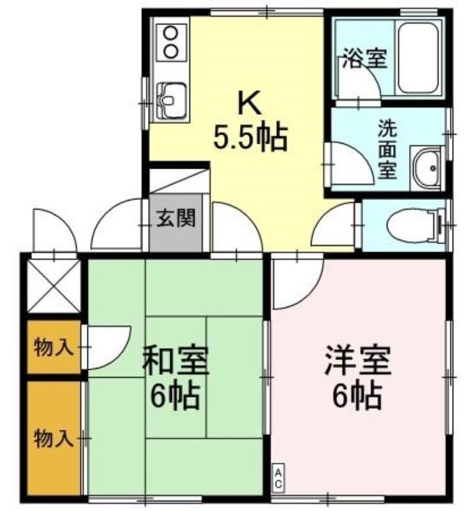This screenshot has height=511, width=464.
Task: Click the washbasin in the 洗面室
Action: click(x=428, y=168)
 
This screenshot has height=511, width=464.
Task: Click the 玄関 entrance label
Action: click(x=176, y=218)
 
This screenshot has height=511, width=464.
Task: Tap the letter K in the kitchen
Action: click(x=250, y=102)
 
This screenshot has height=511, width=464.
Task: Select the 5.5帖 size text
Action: click(x=250, y=137)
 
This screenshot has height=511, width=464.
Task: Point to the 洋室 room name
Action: click(x=357, y=360)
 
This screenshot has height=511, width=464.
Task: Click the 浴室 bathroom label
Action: click(x=364, y=58)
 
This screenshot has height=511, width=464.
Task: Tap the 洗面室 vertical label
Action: click(x=387, y=149)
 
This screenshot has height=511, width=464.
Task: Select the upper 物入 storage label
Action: click(x=54, y=347)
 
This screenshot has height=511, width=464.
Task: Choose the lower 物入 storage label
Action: click(x=54, y=438)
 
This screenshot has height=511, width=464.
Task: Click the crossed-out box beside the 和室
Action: click(x=53, y=286)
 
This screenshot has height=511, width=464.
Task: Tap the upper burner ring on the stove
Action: click(x=170, y=33)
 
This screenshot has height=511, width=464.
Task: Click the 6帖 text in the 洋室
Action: click(x=357, y=397)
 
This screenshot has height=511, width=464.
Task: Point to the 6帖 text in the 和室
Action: click(x=175, y=397)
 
